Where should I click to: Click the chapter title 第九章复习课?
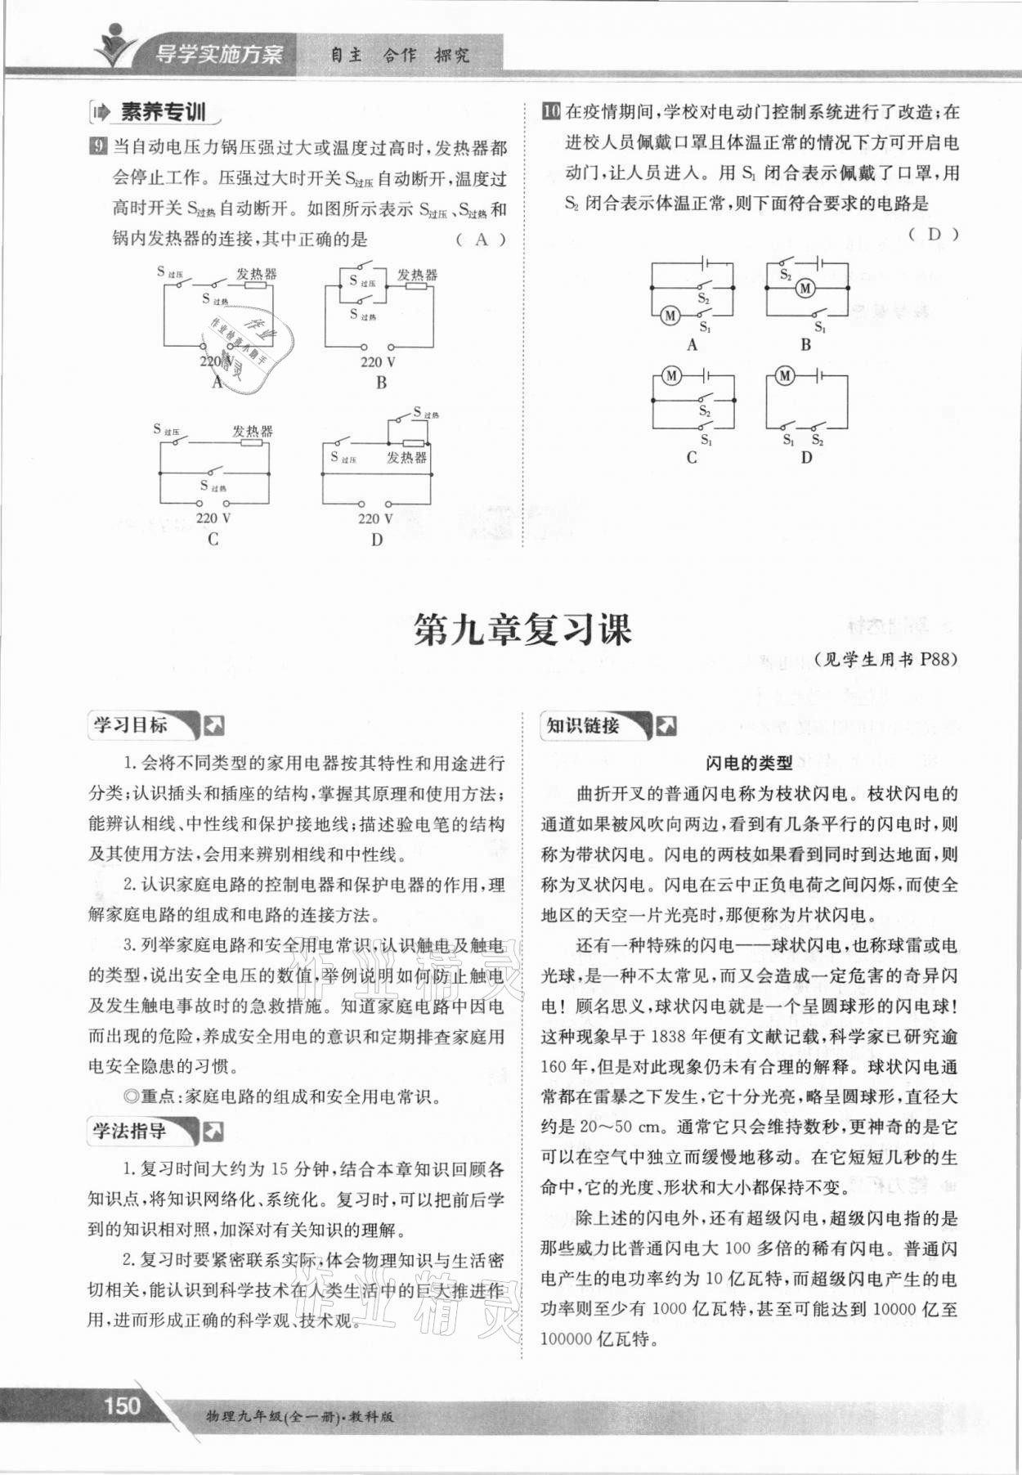522,630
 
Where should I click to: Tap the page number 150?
122,1405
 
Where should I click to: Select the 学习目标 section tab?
131,724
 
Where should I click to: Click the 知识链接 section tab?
583,725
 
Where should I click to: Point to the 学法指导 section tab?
131,1131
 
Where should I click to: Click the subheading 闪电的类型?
749,763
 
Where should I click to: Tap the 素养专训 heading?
162,112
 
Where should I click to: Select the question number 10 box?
550,111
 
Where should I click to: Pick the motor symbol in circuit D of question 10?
786,375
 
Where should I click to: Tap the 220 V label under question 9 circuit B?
378,361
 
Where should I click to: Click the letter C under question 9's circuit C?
213,540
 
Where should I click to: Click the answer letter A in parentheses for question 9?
481,239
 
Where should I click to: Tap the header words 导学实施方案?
218,55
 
